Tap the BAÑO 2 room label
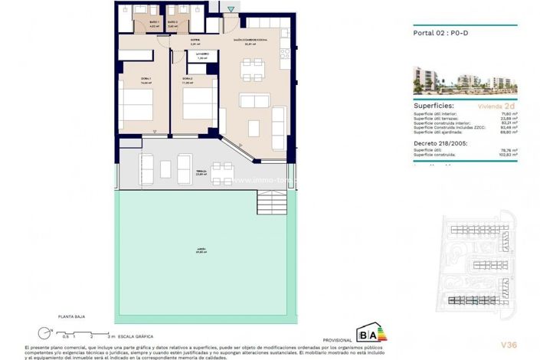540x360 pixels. [172, 23]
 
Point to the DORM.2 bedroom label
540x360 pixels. [187, 78]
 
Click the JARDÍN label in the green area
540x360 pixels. [200, 250]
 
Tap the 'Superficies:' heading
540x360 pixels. [434, 106]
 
